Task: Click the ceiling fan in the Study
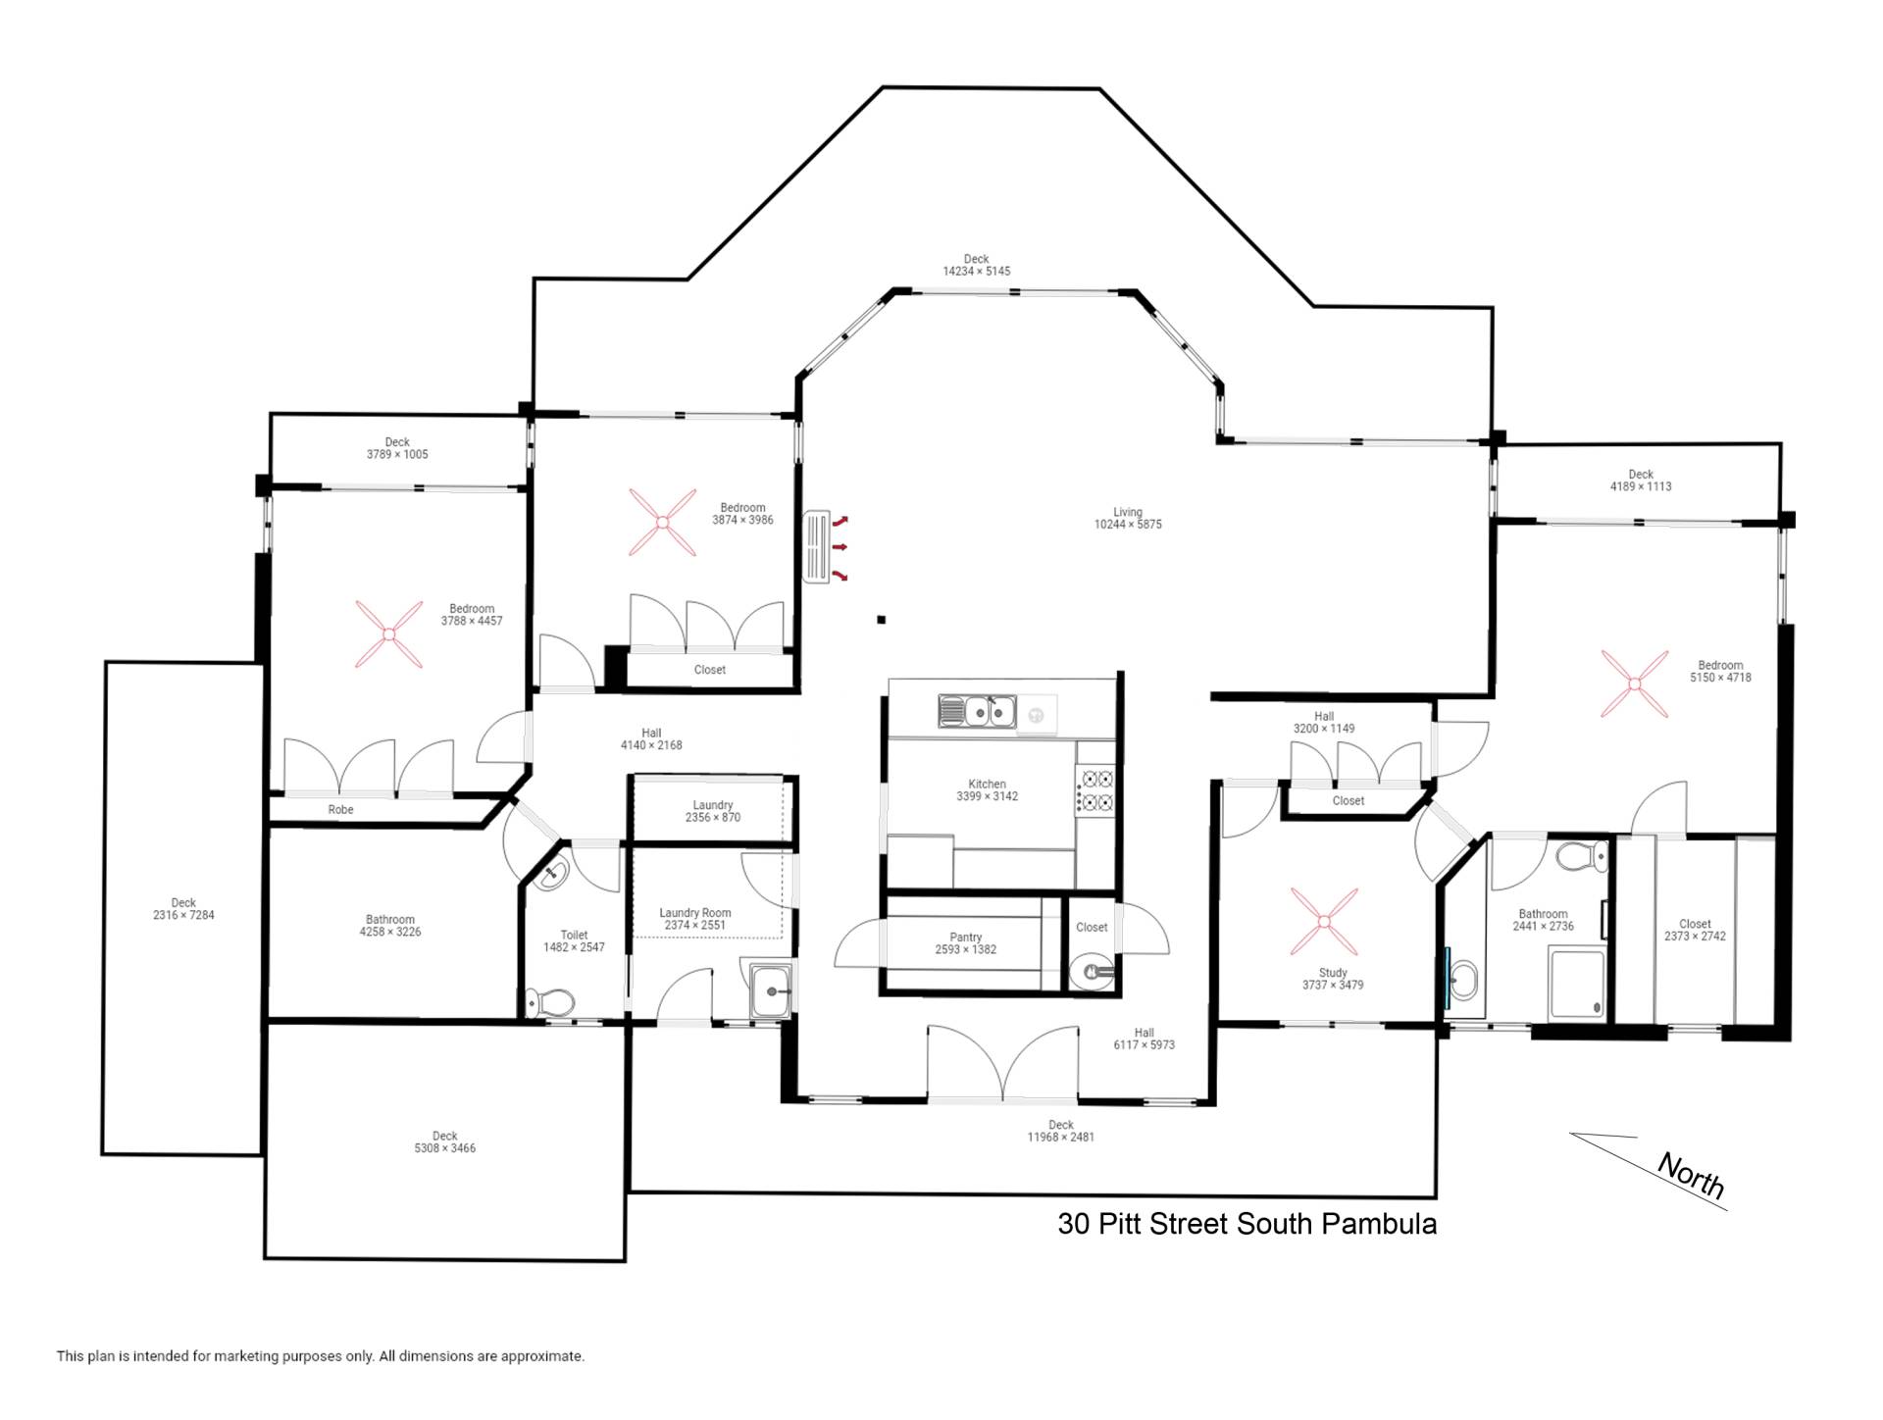coord(1324,922)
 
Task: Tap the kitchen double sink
coord(977,711)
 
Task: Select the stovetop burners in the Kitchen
coord(1096,790)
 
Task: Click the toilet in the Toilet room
coord(549,1002)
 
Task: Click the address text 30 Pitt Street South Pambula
coord(1247,1224)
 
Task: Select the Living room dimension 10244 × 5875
coord(1128,525)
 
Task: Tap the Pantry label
coord(966,938)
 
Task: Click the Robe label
coord(340,810)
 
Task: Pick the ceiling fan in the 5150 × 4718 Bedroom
coord(1634,684)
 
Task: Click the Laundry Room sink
coord(773,991)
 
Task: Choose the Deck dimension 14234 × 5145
coord(977,272)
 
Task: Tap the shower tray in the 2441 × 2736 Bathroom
coord(1576,982)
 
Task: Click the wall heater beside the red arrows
coord(816,547)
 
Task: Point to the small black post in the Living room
coord(882,620)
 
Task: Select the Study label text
coord(1333,973)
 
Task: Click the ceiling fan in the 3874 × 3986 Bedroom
coord(662,523)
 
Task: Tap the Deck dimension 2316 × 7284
coord(183,915)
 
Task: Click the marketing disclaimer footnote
coord(320,1356)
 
